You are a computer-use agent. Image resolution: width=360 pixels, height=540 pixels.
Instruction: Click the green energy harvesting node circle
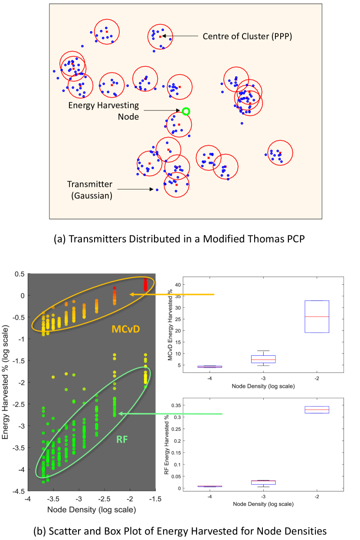tap(186, 111)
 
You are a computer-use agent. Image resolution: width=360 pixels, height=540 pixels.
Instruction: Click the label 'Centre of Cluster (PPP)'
tap(247, 36)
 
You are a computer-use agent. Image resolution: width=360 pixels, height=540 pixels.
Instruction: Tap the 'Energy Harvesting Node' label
tap(103, 111)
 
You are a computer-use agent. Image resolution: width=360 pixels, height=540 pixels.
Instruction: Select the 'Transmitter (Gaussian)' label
tap(92, 190)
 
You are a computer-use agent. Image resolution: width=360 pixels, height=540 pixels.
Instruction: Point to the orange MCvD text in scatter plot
tap(125, 329)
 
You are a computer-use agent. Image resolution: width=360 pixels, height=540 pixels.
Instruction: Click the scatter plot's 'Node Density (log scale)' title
tap(91, 510)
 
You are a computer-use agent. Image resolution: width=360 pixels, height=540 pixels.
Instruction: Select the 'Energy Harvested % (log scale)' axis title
tap(6, 383)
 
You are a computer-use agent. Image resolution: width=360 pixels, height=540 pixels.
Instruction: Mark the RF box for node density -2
tap(317, 410)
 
